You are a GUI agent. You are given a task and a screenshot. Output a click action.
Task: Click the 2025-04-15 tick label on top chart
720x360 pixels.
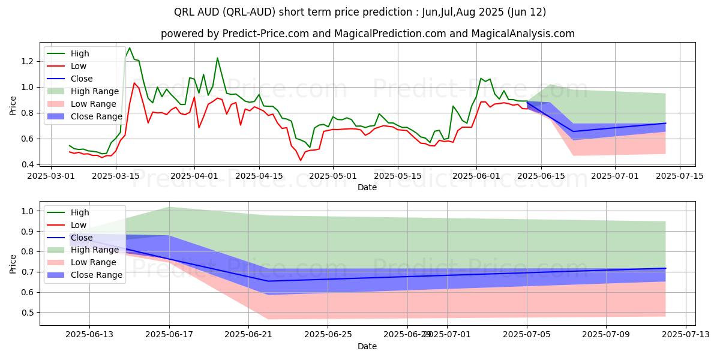(x=259, y=176)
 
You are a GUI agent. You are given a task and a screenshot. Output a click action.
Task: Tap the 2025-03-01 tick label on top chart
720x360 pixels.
(x=50, y=176)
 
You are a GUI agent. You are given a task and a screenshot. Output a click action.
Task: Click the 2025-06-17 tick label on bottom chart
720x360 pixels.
(x=169, y=335)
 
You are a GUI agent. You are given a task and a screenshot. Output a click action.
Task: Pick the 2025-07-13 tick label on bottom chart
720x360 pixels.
(x=685, y=335)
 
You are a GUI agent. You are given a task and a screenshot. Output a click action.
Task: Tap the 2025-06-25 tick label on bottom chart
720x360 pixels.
(x=328, y=335)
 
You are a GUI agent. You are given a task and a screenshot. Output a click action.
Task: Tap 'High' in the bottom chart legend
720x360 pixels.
(x=80, y=212)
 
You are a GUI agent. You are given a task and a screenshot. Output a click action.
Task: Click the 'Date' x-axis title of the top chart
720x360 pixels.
(x=367, y=187)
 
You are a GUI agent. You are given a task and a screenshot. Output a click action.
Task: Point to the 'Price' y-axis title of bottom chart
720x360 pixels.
(x=13, y=264)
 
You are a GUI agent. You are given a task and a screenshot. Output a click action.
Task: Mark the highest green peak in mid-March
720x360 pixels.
(x=130, y=48)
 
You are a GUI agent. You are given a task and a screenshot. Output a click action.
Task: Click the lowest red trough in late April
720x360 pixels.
(x=301, y=160)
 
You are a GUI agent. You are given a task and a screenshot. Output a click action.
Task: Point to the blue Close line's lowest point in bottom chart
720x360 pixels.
(x=268, y=281)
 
